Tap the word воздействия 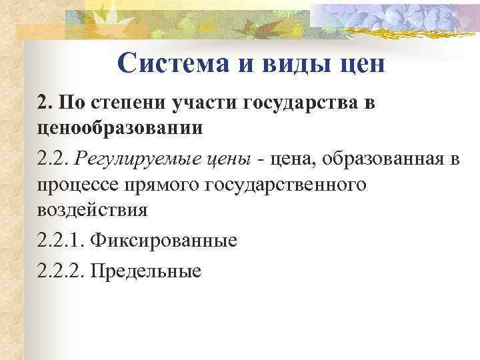click(91, 210)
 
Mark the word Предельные click(145, 271)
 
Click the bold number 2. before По click(45, 103)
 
